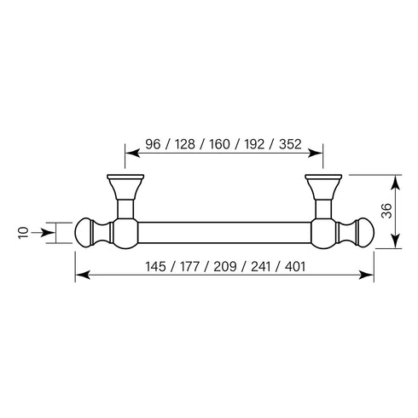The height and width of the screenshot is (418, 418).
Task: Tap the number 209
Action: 223,265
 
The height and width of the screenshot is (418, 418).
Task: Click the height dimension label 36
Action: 386,212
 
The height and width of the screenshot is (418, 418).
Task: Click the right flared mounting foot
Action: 322,185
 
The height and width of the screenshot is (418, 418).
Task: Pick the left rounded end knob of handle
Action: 88,231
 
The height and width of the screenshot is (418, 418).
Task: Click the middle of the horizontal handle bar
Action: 224,231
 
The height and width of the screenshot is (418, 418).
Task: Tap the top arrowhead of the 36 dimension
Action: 394,179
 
